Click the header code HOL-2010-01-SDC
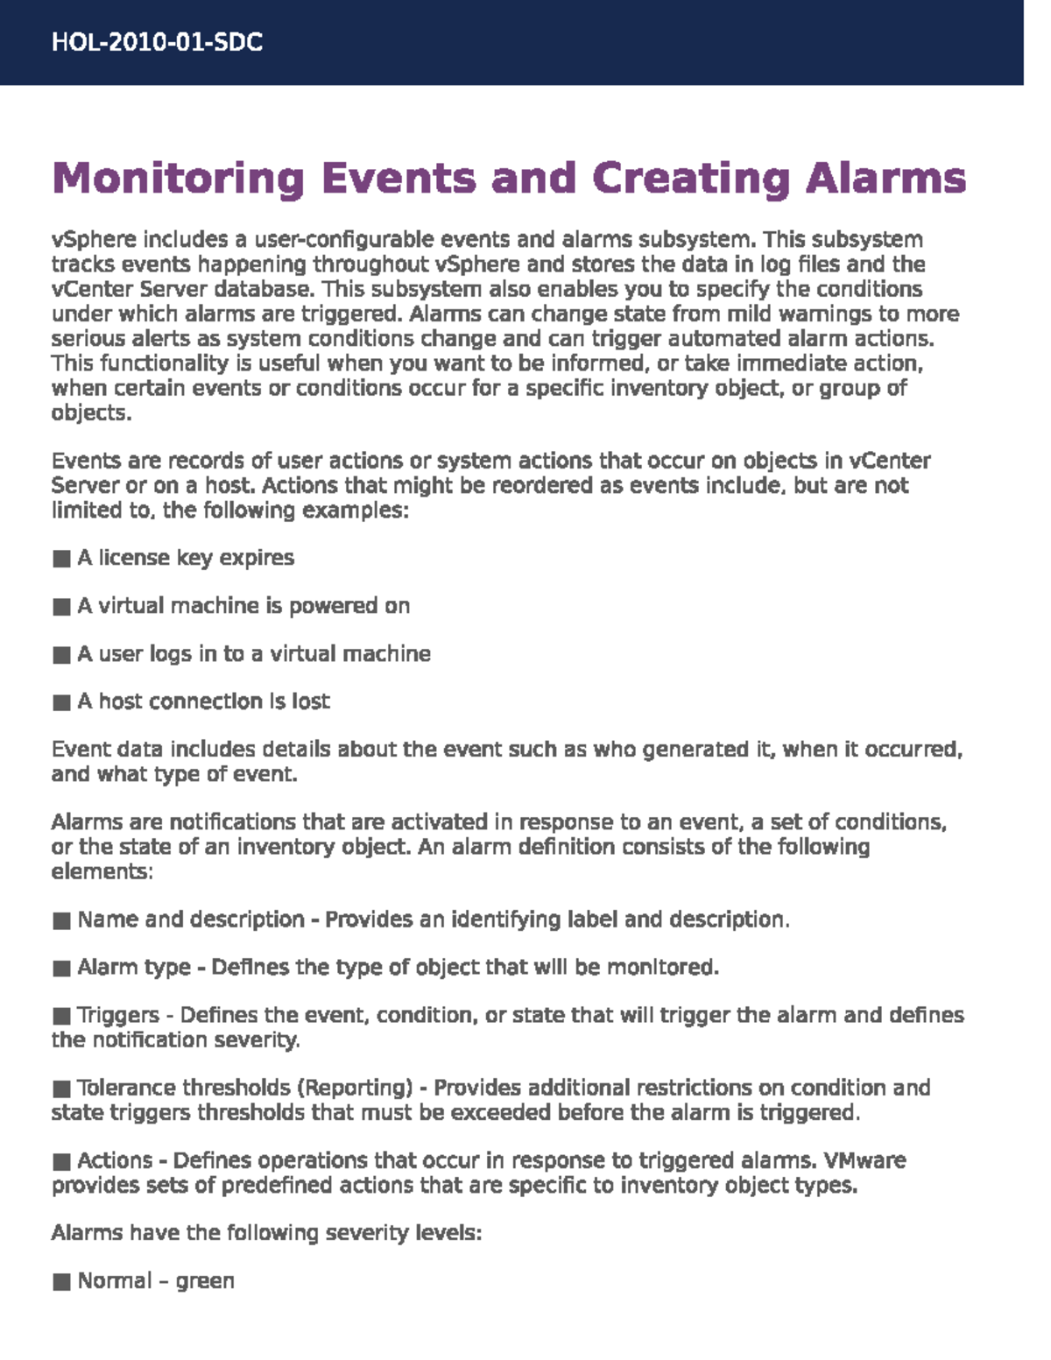click(157, 43)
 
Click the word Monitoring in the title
click(178, 179)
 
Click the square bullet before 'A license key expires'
click(61, 559)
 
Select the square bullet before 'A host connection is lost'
click(61, 702)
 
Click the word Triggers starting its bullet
click(118, 1016)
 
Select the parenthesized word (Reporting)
click(355, 1089)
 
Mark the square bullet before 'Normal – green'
click(61, 1282)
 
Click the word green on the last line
click(205, 1282)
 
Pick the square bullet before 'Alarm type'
click(61, 969)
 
